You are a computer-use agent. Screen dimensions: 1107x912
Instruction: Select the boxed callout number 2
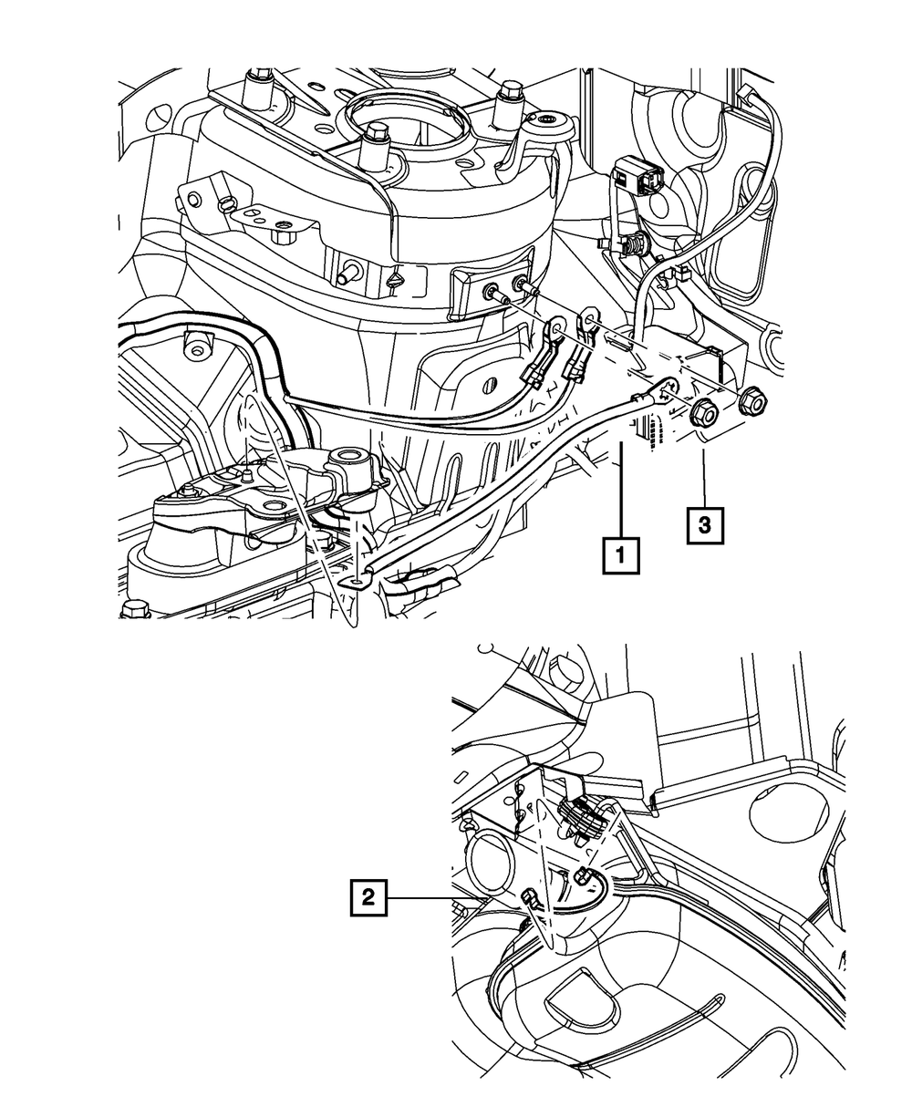(368, 898)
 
